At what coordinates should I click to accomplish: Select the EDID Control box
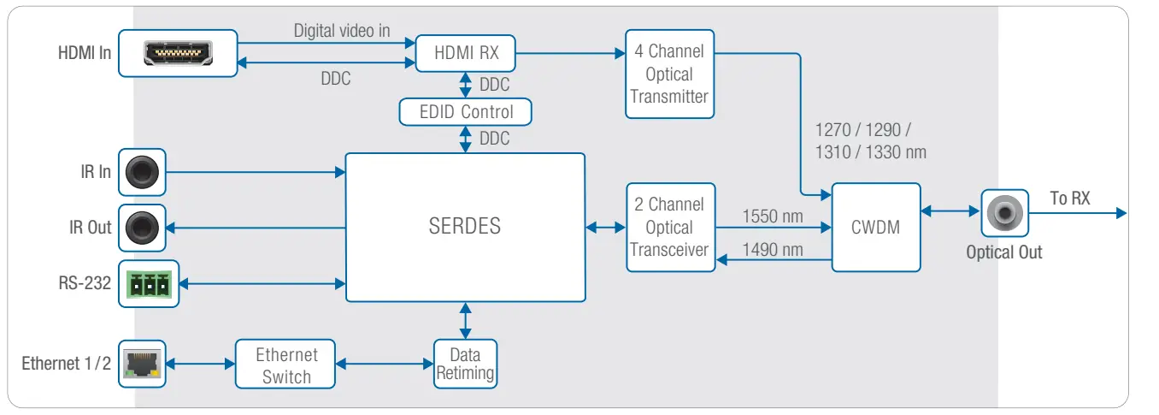(465, 112)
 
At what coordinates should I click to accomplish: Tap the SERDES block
(465, 227)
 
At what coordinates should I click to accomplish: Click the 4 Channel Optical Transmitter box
(669, 74)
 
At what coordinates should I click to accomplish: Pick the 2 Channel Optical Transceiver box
(669, 227)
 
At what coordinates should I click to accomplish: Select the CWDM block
(875, 228)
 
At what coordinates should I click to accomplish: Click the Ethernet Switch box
(285, 365)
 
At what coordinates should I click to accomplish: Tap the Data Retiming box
(465, 364)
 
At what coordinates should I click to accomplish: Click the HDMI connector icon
(177, 53)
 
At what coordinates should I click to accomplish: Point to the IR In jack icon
(142, 172)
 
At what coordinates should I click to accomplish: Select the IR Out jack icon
(142, 228)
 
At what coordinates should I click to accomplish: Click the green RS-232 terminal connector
(148, 283)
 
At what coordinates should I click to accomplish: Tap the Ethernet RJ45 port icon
(141, 364)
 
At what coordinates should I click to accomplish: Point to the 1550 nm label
(773, 216)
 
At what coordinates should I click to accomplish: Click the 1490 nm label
(773, 249)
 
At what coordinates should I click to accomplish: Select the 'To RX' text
(1070, 199)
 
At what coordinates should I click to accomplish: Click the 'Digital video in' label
(342, 31)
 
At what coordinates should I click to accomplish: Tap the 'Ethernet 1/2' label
(66, 364)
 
